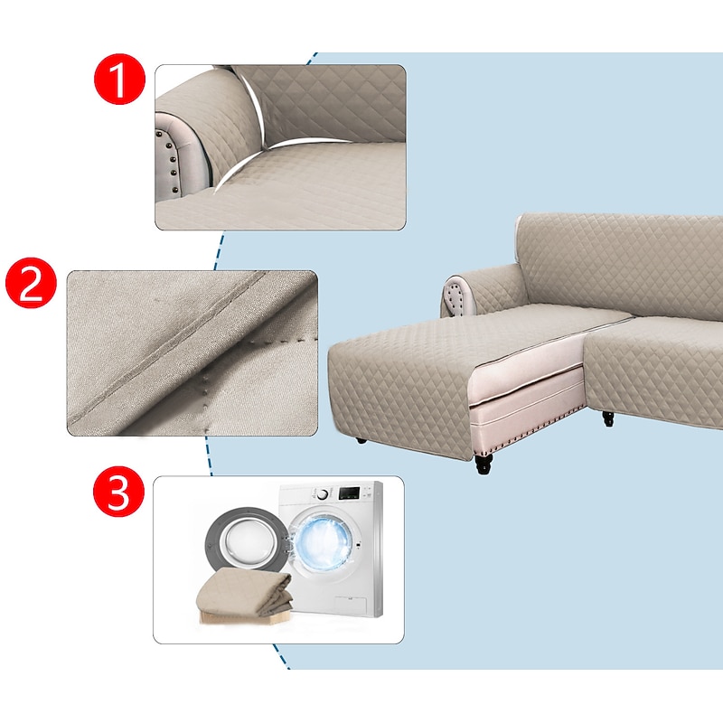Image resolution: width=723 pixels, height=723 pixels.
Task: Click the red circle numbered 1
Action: point(119,80)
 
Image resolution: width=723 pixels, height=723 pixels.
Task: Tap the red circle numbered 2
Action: point(31,283)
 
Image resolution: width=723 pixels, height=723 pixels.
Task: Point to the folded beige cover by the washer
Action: point(245,596)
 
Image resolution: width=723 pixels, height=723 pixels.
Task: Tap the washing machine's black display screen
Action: point(349,493)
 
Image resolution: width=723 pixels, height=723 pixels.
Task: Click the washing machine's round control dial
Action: point(324,493)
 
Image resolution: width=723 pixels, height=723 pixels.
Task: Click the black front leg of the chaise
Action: point(484,464)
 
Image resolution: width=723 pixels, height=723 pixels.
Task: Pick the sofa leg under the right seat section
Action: point(608,418)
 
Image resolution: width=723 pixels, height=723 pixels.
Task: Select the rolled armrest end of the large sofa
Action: point(458,296)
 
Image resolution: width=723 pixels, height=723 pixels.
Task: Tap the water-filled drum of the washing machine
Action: point(324,540)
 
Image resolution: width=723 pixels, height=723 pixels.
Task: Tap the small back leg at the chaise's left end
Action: point(361,440)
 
